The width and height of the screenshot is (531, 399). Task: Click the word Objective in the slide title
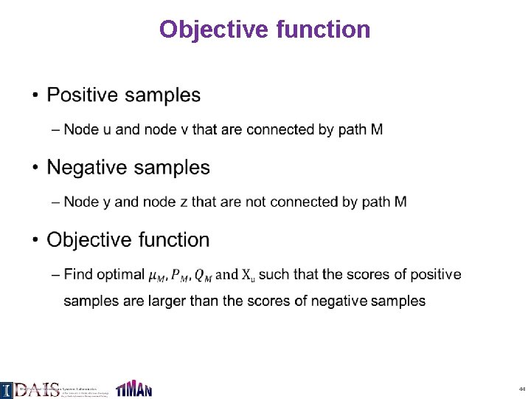click(214, 30)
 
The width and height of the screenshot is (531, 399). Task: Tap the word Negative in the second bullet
click(88, 168)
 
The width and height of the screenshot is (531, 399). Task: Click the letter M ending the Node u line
click(376, 130)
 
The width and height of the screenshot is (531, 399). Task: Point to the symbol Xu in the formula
click(249, 275)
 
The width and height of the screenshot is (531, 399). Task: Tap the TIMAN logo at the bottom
click(133, 388)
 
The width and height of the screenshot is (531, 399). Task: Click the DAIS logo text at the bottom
click(37, 389)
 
